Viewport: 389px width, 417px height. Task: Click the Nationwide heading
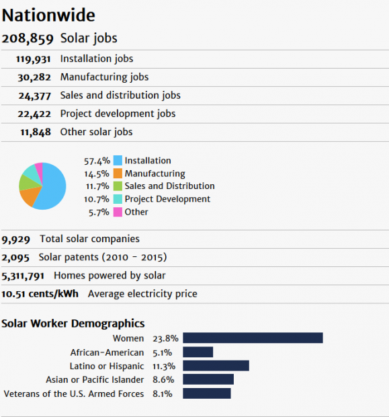[x=48, y=15]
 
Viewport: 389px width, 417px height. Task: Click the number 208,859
[x=28, y=39]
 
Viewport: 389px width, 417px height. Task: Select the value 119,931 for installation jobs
[x=38, y=59]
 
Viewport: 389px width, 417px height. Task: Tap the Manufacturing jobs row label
[x=104, y=77]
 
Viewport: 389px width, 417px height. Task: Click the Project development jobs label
[x=118, y=114]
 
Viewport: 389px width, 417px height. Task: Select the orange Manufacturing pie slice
[x=28, y=196]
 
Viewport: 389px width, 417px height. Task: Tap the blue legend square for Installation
[x=118, y=161]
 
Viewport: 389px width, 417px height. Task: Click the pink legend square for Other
[x=118, y=212]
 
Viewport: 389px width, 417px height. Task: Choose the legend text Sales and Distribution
[x=169, y=186]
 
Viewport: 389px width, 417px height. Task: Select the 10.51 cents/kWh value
[x=40, y=294]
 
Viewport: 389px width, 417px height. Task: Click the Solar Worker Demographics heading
[x=73, y=324]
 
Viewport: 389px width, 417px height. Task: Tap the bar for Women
[x=253, y=338]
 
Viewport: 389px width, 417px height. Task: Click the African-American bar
[x=198, y=352]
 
